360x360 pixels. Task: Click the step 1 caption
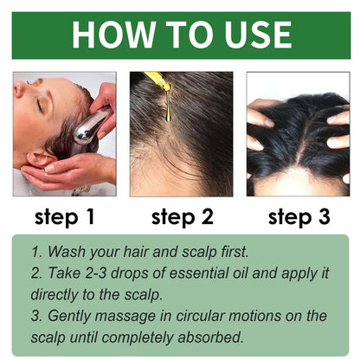[64, 216]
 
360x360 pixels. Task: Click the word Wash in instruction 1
[68, 253]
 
